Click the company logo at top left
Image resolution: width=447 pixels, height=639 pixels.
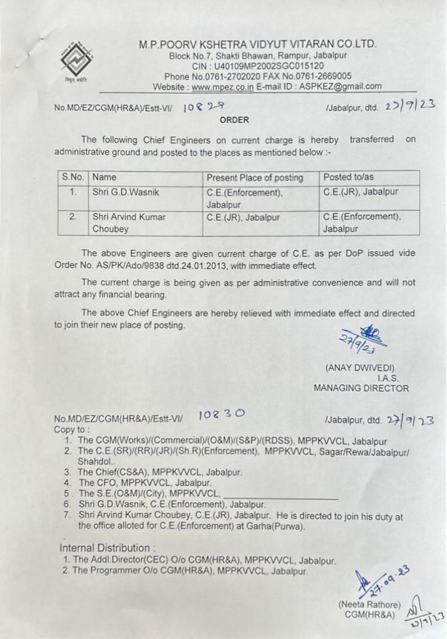coord(78,60)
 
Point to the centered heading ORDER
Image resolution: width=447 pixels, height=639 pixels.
coord(234,120)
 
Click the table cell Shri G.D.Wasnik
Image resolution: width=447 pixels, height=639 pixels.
coord(126,193)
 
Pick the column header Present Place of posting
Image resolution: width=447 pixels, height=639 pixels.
coord(255,178)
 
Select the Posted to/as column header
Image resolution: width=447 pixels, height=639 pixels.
coord(349,177)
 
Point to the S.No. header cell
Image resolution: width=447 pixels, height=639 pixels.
coord(73,177)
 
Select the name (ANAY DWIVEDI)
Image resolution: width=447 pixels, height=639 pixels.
coord(360,368)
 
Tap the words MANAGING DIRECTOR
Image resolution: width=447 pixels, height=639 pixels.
coord(361,388)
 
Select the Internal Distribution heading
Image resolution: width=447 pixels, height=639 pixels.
coord(105,547)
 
